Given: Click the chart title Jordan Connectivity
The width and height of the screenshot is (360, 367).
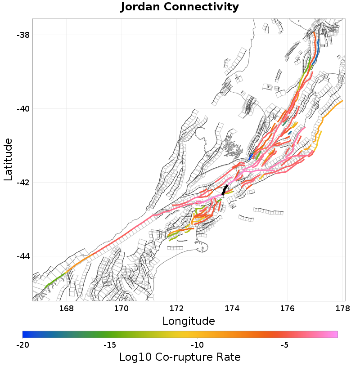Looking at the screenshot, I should (180, 7).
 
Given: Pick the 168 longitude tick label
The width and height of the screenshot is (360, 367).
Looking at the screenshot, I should (66, 309).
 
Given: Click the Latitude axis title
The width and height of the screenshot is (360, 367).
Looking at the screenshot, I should (8, 160).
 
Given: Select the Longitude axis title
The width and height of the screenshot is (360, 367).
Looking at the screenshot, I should (189, 321).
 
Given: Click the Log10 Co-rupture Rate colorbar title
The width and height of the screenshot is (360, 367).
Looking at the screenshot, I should (180, 358).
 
